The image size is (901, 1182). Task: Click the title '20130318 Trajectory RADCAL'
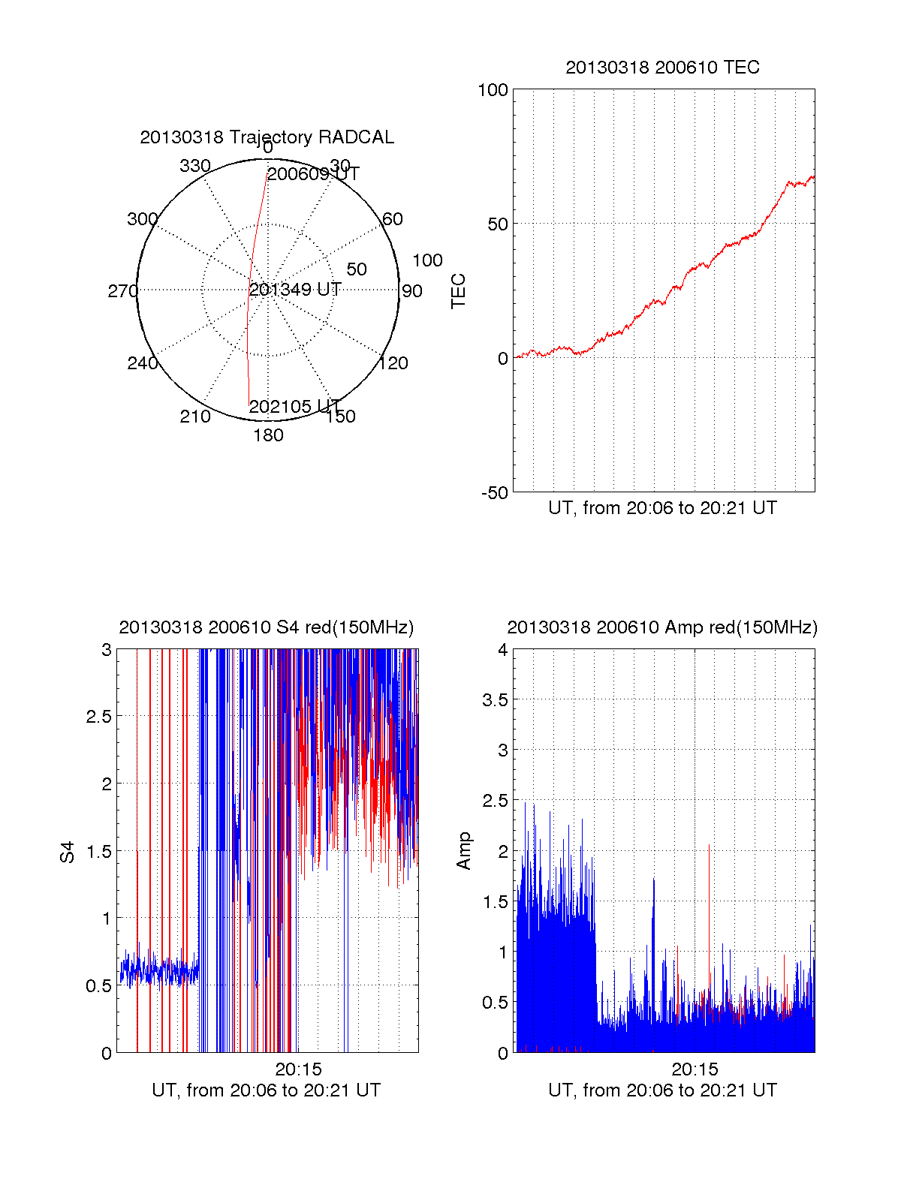(x=267, y=137)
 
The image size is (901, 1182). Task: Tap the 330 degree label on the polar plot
(x=195, y=166)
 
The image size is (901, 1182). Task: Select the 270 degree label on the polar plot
(x=122, y=291)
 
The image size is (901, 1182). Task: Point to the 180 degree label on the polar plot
(x=268, y=435)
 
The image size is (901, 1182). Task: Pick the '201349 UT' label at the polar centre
(x=295, y=290)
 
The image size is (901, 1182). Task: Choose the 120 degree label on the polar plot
(x=393, y=363)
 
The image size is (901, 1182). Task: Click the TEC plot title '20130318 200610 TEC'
(x=662, y=68)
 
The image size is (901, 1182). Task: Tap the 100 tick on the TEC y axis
(x=493, y=90)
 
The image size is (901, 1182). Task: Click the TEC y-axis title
(x=458, y=291)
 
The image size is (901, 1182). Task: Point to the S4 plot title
(x=267, y=627)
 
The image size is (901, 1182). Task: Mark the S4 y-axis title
(x=68, y=853)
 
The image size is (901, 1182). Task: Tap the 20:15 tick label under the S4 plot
(x=298, y=1069)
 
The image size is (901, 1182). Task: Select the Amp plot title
(x=662, y=627)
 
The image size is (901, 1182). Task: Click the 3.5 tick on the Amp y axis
(x=496, y=700)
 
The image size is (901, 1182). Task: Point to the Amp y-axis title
(x=464, y=851)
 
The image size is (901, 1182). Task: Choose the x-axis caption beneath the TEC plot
(x=662, y=508)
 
